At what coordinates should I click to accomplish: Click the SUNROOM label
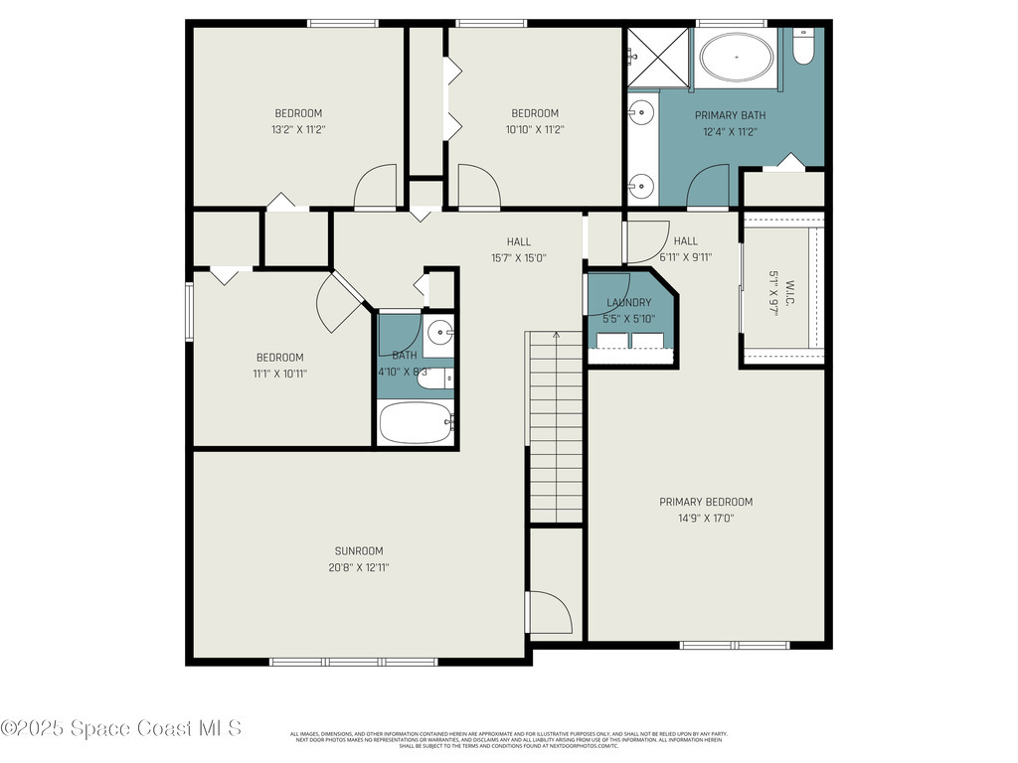click(x=358, y=550)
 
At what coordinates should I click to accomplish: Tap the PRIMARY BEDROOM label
click(x=706, y=502)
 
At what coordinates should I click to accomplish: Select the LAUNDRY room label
click(x=627, y=303)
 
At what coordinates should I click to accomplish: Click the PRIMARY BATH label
click(x=730, y=115)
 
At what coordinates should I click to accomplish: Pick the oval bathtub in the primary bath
click(x=737, y=58)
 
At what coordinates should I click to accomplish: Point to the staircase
click(x=555, y=427)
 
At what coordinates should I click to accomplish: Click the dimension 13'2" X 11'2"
click(x=298, y=129)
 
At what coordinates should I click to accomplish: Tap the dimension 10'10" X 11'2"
click(x=535, y=129)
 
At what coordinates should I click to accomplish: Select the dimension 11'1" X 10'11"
click(x=280, y=374)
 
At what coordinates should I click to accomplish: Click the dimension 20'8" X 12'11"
click(x=358, y=567)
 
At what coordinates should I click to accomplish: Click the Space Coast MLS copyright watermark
click(x=121, y=728)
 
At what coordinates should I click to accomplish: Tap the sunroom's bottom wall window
click(x=354, y=661)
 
